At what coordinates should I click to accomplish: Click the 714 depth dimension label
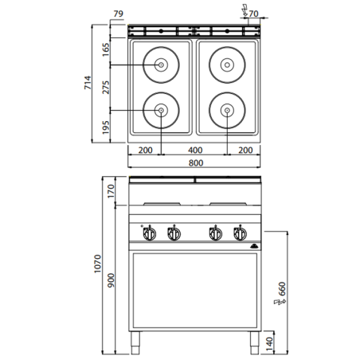click(90, 84)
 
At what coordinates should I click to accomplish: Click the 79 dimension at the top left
click(118, 14)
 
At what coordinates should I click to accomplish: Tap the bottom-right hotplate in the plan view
click(226, 110)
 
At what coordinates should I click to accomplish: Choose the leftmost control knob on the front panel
click(149, 233)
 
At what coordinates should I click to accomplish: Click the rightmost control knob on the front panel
click(237, 233)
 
